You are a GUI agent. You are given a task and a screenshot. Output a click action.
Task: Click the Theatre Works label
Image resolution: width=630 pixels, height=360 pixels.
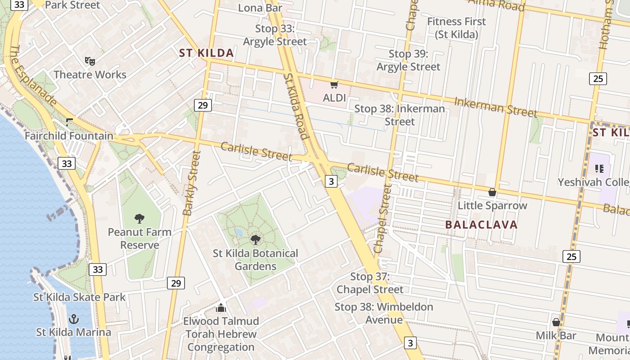pyautogui.click(x=90, y=75)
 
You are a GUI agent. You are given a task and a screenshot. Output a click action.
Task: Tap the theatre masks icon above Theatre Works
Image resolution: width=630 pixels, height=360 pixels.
pyautogui.click(x=90, y=61)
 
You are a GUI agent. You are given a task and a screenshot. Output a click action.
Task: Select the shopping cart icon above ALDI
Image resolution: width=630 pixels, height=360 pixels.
pyautogui.click(x=334, y=85)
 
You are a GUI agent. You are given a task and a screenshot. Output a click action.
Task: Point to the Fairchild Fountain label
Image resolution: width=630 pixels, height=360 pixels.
pyautogui.click(x=69, y=135)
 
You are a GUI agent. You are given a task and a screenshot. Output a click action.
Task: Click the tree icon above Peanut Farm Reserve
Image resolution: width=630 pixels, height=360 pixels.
pyautogui.click(x=139, y=219)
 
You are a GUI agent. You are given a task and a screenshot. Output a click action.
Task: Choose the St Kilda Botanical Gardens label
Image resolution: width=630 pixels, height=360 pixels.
pyautogui.click(x=255, y=260)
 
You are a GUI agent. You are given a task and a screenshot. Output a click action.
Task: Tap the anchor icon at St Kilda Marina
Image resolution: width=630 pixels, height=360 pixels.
pyautogui.click(x=73, y=319)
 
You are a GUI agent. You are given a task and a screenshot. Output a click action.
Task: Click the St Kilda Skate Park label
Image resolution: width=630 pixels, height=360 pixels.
pyautogui.click(x=80, y=297)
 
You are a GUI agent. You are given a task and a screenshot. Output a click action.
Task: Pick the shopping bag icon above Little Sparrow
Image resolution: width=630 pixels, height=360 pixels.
pyautogui.click(x=492, y=192)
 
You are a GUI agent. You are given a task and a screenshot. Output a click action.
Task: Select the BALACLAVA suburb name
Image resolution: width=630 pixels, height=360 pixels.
pyautogui.click(x=481, y=225)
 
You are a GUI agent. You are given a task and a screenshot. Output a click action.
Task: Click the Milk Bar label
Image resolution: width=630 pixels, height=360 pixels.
pyautogui.click(x=556, y=336)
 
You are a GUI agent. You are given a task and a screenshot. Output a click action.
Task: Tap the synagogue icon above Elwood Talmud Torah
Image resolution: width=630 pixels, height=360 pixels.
pyautogui.click(x=221, y=308)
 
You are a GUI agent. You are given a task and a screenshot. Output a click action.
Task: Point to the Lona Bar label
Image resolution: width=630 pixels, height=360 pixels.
pyautogui.click(x=260, y=8)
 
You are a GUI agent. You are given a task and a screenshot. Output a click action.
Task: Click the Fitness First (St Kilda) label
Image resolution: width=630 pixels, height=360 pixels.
pyautogui.click(x=456, y=27)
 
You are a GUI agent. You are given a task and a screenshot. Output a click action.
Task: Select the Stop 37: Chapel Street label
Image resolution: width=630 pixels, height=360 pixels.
pyautogui.click(x=370, y=283)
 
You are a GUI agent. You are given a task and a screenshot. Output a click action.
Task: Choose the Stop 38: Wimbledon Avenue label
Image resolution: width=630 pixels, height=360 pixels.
pyautogui.click(x=384, y=313)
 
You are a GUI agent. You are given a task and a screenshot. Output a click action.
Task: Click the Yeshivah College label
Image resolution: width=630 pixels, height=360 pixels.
pyautogui.click(x=593, y=182)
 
